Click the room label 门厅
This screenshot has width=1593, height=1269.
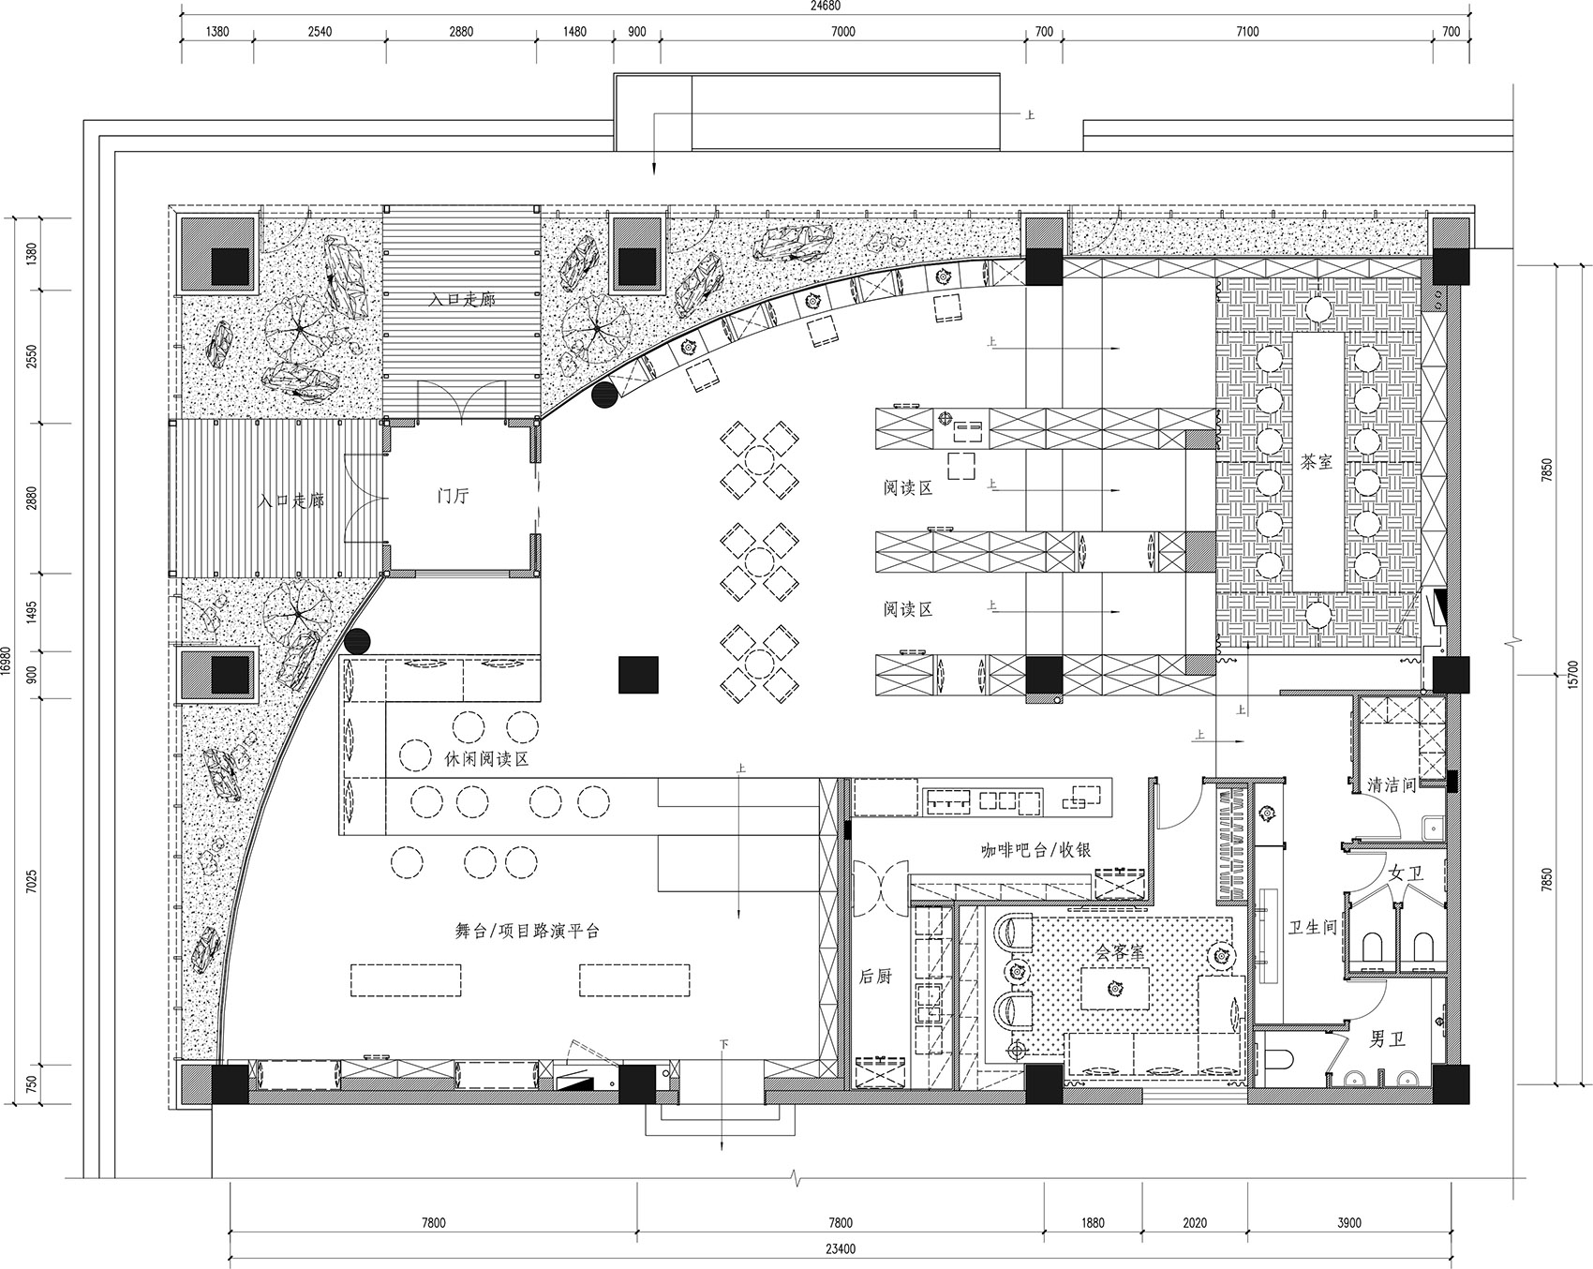(454, 496)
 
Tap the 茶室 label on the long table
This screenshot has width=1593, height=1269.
(1317, 461)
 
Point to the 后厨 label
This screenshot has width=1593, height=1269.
(875, 976)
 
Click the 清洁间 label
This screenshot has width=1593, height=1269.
(1392, 784)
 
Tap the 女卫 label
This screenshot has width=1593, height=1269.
(1406, 873)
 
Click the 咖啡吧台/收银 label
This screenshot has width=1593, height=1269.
(1035, 850)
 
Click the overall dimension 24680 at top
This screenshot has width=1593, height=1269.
(826, 7)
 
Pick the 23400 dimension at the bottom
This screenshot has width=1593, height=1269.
(840, 1249)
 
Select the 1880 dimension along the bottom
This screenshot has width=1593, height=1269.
(1093, 1222)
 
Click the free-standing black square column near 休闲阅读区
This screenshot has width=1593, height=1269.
(638, 675)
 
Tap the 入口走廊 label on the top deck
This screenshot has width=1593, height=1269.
(462, 300)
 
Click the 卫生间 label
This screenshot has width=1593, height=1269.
(1312, 928)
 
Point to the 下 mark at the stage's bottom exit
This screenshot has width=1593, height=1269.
(723, 1043)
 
